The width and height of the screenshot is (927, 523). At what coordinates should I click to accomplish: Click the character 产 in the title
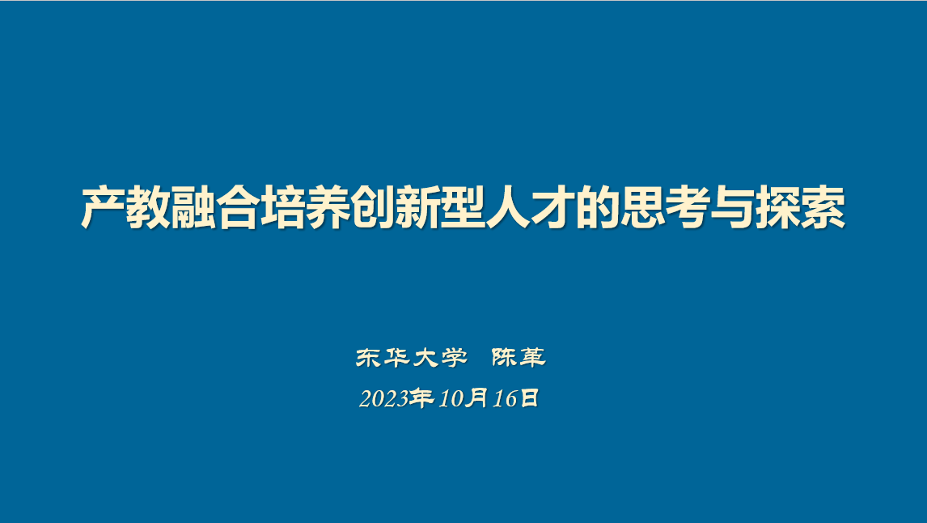tap(103, 207)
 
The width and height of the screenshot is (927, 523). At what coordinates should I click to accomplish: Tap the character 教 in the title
tap(148, 207)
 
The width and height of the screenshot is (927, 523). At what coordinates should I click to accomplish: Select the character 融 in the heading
tap(193, 207)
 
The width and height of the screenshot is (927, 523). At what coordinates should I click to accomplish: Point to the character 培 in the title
tap(282, 207)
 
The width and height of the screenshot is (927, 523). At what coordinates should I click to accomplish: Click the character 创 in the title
tap(372, 207)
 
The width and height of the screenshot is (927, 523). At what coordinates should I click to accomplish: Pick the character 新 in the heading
tap(417, 207)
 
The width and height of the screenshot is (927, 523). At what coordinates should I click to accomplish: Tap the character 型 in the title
tap(463, 207)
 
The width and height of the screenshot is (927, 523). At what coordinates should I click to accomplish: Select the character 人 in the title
tap(507, 207)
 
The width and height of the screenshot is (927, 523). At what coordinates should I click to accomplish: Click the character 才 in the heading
tap(552, 207)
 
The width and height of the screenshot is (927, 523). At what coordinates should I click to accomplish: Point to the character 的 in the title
tap(597, 207)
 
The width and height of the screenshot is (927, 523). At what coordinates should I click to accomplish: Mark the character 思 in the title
tap(642, 207)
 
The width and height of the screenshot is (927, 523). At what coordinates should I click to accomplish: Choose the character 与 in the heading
tap(732, 207)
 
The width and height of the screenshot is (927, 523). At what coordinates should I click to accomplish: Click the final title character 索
tap(823, 207)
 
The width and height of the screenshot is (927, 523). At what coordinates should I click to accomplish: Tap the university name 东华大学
tap(412, 357)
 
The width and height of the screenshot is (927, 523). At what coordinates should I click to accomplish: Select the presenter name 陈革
tap(519, 357)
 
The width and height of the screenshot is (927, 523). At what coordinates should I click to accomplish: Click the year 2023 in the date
tap(383, 399)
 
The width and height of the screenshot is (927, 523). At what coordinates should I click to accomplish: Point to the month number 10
tap(451, 399)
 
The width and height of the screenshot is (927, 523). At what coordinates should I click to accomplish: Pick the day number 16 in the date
tap(506, 399)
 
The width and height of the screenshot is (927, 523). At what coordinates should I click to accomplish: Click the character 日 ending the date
tap(529, 398)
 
